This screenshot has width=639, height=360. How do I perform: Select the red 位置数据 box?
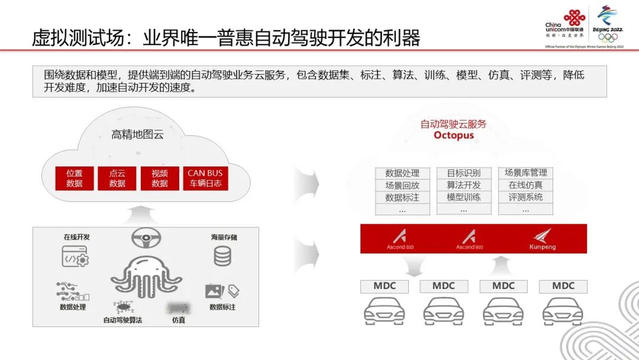coord(75,178)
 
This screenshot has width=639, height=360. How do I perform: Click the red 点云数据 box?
coord(117,178)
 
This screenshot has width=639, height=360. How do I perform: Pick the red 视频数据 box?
coord(159,178)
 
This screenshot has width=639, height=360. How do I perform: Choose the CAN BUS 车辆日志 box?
coord(205,178)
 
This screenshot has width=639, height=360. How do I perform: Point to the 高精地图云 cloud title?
coord(137,134)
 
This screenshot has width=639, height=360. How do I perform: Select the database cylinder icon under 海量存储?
coord(222,256)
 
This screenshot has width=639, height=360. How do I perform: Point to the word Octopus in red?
coord(453,135)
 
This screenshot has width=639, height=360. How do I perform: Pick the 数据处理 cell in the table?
coord(402,173)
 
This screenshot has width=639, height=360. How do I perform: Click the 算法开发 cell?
coord(463,185)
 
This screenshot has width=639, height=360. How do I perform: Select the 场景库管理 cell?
coord(525,173)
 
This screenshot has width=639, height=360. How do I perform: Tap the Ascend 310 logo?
coord(401,239)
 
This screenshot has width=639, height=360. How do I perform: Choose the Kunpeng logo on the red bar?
coord(542,239)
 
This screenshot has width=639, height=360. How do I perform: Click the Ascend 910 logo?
coord(469,239)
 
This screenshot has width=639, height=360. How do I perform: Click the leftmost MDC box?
coord(384,286)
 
